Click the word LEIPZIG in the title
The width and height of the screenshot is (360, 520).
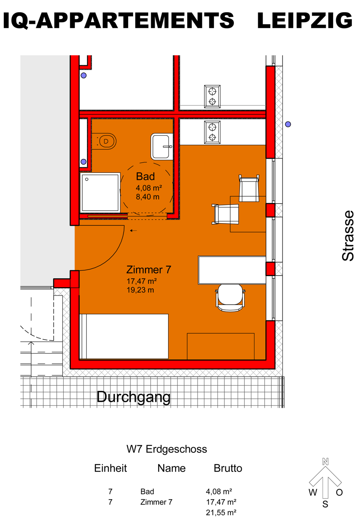click(x=305, y=20)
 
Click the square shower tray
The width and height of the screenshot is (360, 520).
click(x=100, y=193)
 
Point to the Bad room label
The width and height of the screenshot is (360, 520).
click(x=145, y=177)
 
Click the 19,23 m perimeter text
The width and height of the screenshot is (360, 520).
click(x=140, y=290)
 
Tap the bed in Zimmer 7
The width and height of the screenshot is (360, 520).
click(x=124, y=337)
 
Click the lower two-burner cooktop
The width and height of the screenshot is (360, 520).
click(x=212, y=132)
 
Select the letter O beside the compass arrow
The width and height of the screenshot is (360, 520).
click(x=339, y=492)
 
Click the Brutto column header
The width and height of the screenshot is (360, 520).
click(x=228, y=468)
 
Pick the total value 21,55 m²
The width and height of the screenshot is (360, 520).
click(x=221, y=513)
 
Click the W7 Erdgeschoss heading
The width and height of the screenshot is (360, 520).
click(x=166, y=449)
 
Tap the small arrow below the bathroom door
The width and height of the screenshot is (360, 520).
click(x=133, y=231)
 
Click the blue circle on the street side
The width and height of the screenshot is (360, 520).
click(x=288, y=124)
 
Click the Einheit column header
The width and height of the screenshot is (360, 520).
click(x=110, y=468)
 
